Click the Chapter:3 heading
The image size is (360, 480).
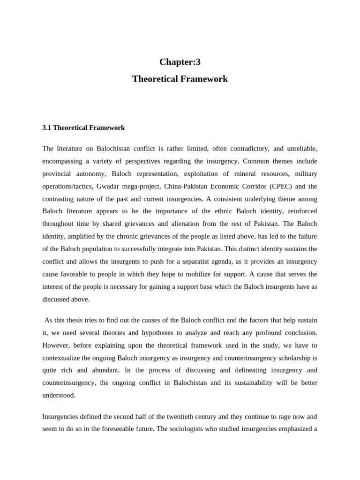(180, 62)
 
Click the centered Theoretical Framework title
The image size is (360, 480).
(180, 79)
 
